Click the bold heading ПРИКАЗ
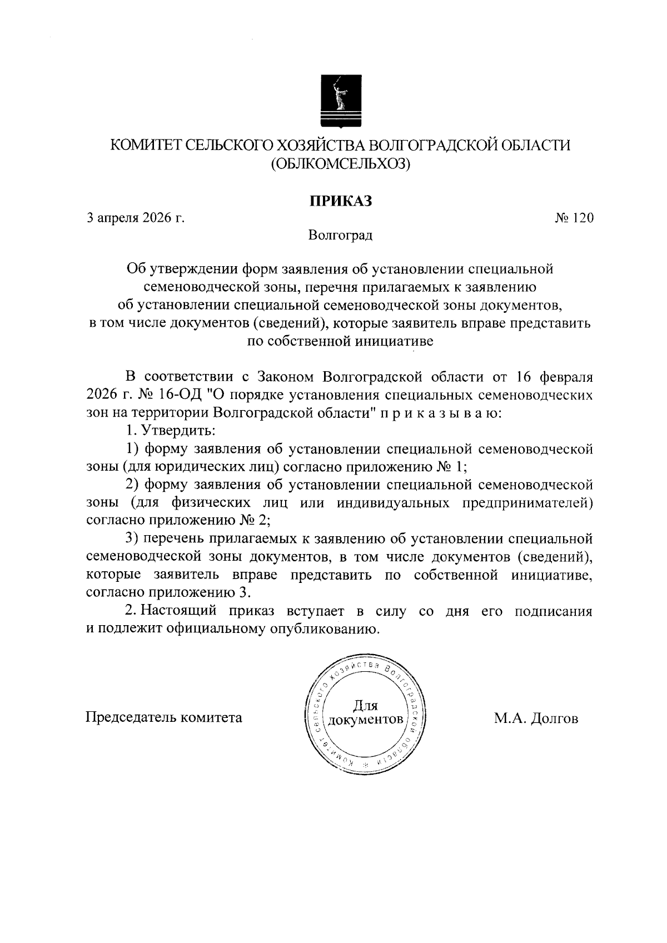click(x=340, y=201)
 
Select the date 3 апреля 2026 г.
click(x=136, y=218)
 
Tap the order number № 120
click(x=574, y=218)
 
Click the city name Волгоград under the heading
click(x=340, y=235)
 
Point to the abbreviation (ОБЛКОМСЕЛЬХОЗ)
click(x=340, y=163)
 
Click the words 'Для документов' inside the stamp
click(x=365, y=713)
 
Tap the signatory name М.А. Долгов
click(x=536, y=719)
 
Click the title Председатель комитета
click(x=163, y=717)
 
